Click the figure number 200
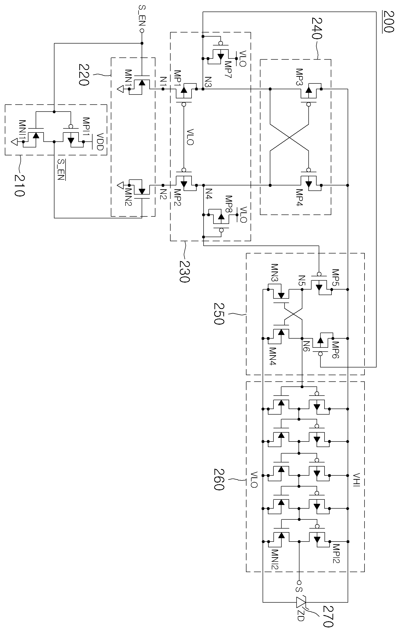[389, 21]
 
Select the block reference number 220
[84, 75]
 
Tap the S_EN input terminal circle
[142, 31]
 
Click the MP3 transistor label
[299, 77]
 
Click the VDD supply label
[100, 141]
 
